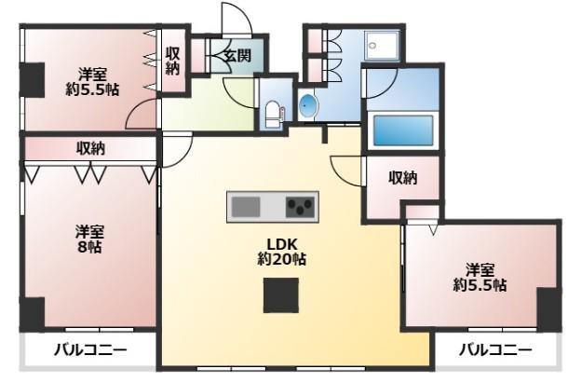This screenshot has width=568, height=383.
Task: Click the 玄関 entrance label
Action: coord(237,56)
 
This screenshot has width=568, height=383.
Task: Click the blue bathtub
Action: coord(403,130)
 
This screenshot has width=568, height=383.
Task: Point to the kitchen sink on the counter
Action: coord(246,207)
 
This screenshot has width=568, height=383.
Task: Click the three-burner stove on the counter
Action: coord(300,207)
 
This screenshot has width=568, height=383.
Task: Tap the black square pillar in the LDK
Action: coord(281,295)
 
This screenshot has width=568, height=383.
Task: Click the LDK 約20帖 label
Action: coord(281,252)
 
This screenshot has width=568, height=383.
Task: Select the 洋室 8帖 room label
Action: coord(89,239)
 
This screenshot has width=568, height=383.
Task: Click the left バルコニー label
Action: coord(90,350)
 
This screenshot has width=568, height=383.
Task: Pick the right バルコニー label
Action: coord(495,350)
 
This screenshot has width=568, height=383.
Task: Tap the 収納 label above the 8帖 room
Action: coord(90,148)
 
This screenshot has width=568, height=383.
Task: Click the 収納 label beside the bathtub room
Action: coord(403,178)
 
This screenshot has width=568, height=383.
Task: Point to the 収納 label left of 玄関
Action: coord(173,62)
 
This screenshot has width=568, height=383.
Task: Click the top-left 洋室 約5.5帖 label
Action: coord(92,82)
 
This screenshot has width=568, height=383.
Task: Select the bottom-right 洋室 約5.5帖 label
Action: coord(480,278)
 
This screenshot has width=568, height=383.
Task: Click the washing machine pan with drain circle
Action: coord(382,45)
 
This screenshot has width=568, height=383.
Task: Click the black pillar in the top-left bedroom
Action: coord(32,80)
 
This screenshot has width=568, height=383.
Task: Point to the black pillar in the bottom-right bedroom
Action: coord(549,309)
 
